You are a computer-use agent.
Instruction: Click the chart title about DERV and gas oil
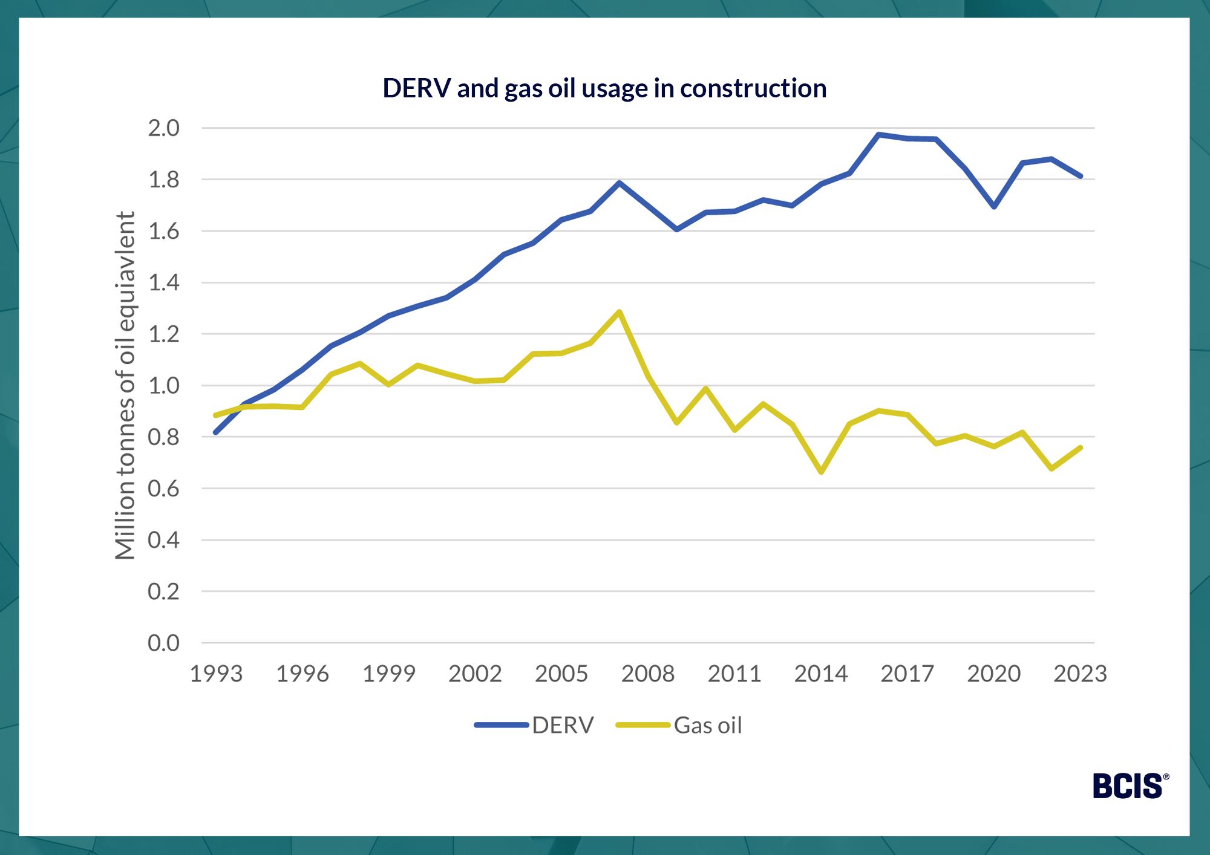coord(604,88)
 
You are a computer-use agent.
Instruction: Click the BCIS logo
coord(1128,786)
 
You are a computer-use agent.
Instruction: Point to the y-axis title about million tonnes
coord(125,385)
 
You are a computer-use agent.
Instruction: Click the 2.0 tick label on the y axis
coord(163,128)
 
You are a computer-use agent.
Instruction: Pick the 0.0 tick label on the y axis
coord(163,643)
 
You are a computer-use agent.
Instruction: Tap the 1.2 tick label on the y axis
coord(163,334)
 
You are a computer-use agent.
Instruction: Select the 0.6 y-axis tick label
coord(163,489)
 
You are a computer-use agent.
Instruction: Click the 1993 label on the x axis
coord(216,674)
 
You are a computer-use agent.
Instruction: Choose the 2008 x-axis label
coord(648,674)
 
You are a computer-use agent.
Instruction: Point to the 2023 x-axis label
coord(1080,674)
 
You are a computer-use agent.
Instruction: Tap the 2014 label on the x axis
coord(821,674)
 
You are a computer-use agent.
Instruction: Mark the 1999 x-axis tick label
coord(389,674)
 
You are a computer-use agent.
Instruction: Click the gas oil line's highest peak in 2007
coord(619,312)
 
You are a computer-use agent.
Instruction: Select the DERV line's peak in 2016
coord(878,134)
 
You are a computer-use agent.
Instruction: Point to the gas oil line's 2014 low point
coord(821,472)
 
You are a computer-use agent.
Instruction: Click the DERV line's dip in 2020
coord(994,207)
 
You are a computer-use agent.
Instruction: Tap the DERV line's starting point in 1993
coord(216,432)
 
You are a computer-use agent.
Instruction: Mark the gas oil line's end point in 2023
coord(1080,447)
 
